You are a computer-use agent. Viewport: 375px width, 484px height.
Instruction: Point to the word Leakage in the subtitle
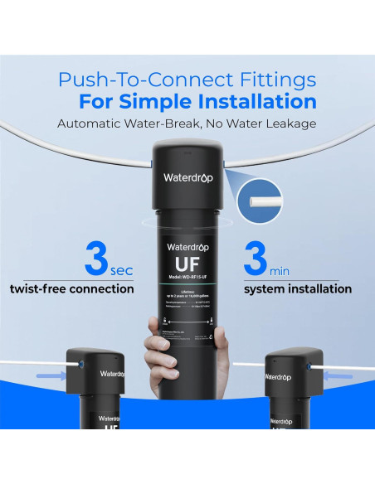(290, 123)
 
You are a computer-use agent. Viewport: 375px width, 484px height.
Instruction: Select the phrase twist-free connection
(71, 289)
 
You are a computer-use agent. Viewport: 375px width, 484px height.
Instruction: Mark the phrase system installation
(297, 289)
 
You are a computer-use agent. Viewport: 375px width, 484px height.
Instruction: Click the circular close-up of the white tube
(267, 199)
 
